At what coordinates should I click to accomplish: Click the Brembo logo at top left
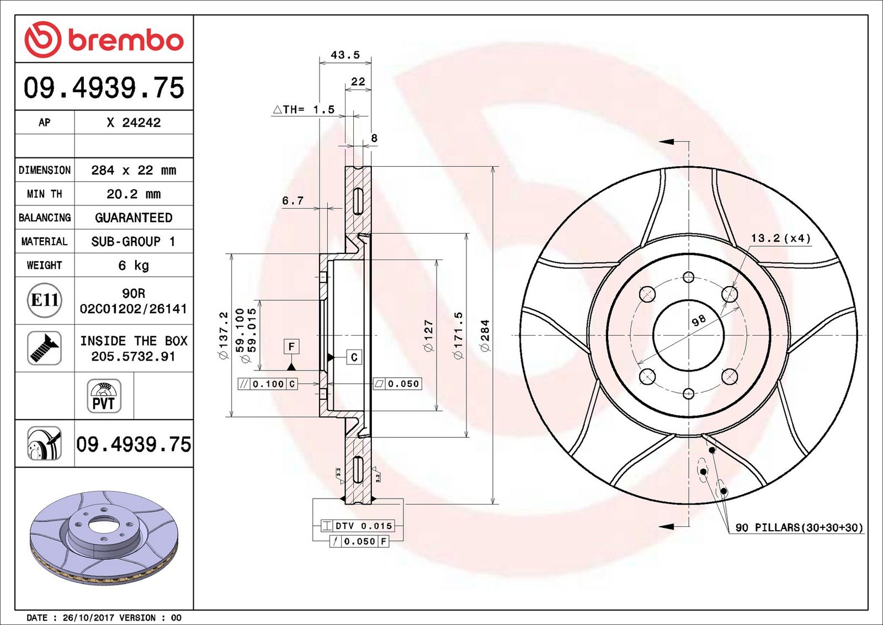[104, 39]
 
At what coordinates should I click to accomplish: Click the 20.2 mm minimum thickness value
[134, 194]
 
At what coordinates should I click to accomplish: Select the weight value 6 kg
[134, 266]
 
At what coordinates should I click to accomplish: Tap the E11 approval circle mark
[45, 300]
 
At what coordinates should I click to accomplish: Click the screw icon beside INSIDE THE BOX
[45, 348]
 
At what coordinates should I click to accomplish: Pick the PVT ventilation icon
[104, 396]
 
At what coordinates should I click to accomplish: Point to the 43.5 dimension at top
[345, 55]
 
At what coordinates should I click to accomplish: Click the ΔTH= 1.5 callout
[304, 109]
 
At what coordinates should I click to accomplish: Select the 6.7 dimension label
[293, 201]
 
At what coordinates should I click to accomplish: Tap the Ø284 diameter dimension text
[485, 335]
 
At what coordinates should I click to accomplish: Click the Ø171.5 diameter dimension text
[459, 335]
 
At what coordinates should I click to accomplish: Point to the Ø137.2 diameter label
[224, 335]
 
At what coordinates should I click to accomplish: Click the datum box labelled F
[291, 346]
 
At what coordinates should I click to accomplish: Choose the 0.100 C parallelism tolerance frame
[268, 384]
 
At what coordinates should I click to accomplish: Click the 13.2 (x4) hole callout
[780, 238]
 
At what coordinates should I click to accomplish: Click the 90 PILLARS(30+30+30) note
[800, 527]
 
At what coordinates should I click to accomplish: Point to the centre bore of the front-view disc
[688, 335]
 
